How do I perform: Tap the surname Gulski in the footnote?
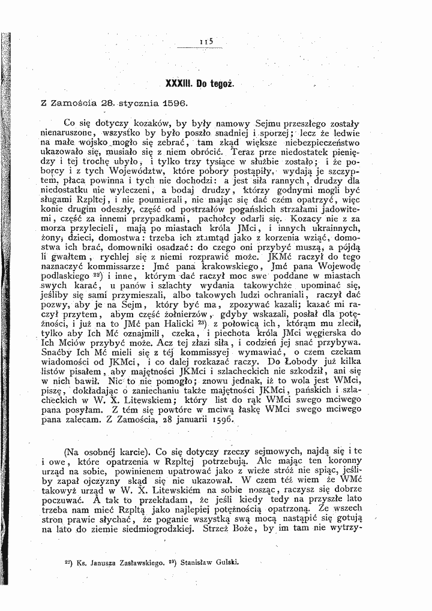(239, 564)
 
